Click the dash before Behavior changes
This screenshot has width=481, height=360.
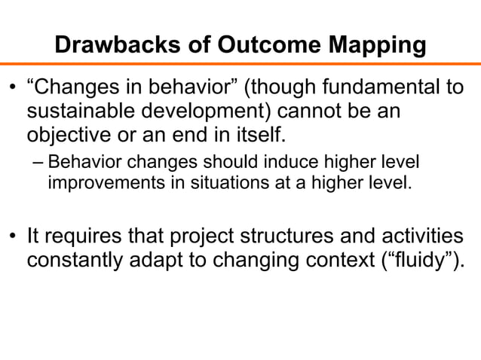point(37,164)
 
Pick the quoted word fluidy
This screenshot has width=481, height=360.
point(420,261)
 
